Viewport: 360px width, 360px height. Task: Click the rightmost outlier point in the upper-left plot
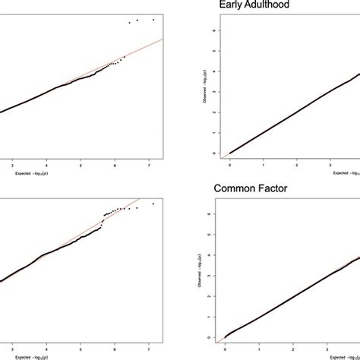coord(153,19)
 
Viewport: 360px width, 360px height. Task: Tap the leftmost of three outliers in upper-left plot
coord(130,23)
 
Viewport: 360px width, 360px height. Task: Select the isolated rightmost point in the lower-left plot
coord(153,204)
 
